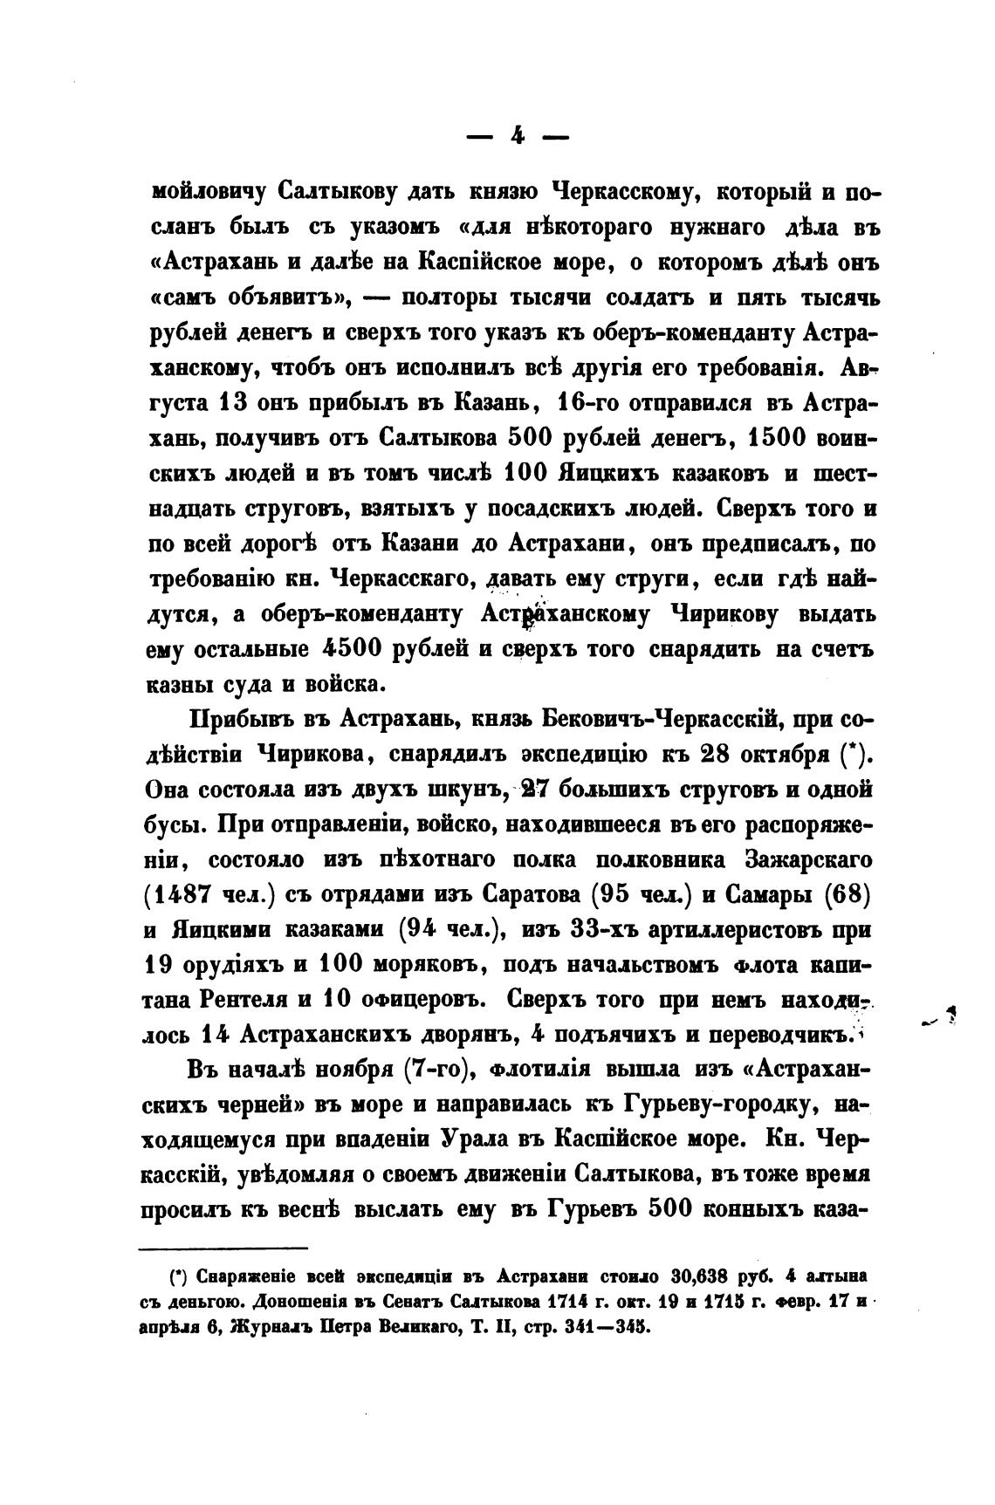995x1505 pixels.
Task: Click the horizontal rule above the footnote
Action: [223, 1248]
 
